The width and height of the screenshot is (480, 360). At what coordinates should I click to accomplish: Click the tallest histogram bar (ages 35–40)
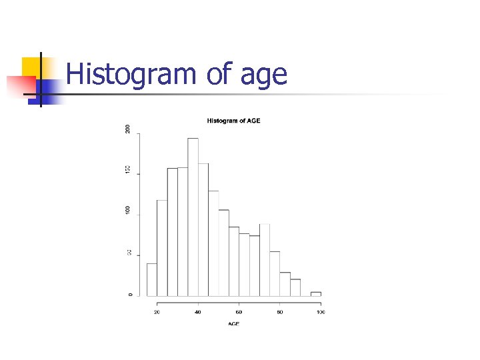tap(193, 217)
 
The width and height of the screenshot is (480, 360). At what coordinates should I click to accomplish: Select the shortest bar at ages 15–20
tap(152, 279)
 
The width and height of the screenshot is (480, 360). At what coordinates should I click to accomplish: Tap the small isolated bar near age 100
tap(315, 293)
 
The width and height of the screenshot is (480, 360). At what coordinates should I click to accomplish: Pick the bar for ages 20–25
tap(162, 247)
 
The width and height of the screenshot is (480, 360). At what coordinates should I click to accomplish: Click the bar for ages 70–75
tap(265, 259)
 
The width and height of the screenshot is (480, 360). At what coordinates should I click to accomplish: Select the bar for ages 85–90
tap(295, 287)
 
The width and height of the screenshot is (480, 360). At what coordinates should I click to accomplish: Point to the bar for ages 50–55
tap(223, 253)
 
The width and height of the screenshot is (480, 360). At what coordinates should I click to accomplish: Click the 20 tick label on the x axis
tap(157, 312)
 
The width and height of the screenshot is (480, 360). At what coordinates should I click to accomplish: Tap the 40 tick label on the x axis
tap(198, 312)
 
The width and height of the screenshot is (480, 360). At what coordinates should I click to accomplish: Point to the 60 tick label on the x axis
tap(239, 312)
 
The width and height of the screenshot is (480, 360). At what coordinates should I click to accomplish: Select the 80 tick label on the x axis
tap(280, 312)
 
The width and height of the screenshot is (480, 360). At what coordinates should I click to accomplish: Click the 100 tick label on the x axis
tap(321, 312)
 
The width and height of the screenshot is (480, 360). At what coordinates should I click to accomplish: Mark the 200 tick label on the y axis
tap(129, 128)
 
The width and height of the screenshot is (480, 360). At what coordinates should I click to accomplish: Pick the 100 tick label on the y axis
tap(129, 210)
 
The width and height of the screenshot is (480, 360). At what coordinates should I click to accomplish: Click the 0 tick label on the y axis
tap(129, 295)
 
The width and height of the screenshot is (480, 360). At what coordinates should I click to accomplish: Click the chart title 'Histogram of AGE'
tap(233, 121)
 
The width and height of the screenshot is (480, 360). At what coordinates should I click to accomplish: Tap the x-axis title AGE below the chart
tap(233, 324)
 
